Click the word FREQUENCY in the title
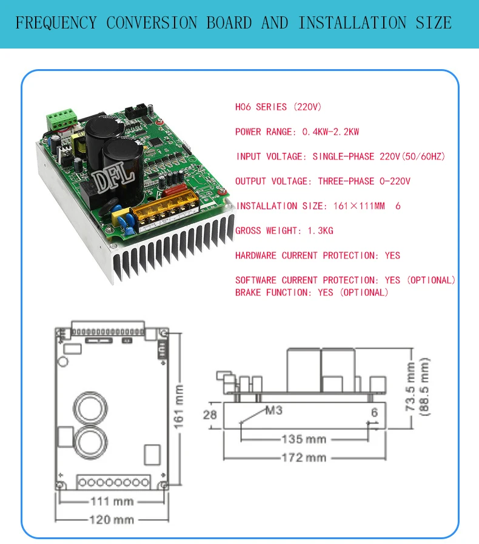click(x=56, y=23)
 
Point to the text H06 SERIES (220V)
click(x=278, y=107)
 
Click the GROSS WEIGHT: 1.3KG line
click(x=284, y=231)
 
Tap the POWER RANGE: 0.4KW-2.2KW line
click(x=297, y=132)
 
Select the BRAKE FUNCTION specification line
click(x=312, y=293)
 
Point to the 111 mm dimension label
click(x=112, y=502)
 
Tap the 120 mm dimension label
click(x=112, y=520)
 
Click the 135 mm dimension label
click(x=303, y=439)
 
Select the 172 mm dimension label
click(x=303, y=457)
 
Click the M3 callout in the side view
click(x=273, y=411)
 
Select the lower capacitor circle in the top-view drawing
click(x=90, y=441)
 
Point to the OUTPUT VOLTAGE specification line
click(x=323, y=181)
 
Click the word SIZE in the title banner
click(x=434, y=23)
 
